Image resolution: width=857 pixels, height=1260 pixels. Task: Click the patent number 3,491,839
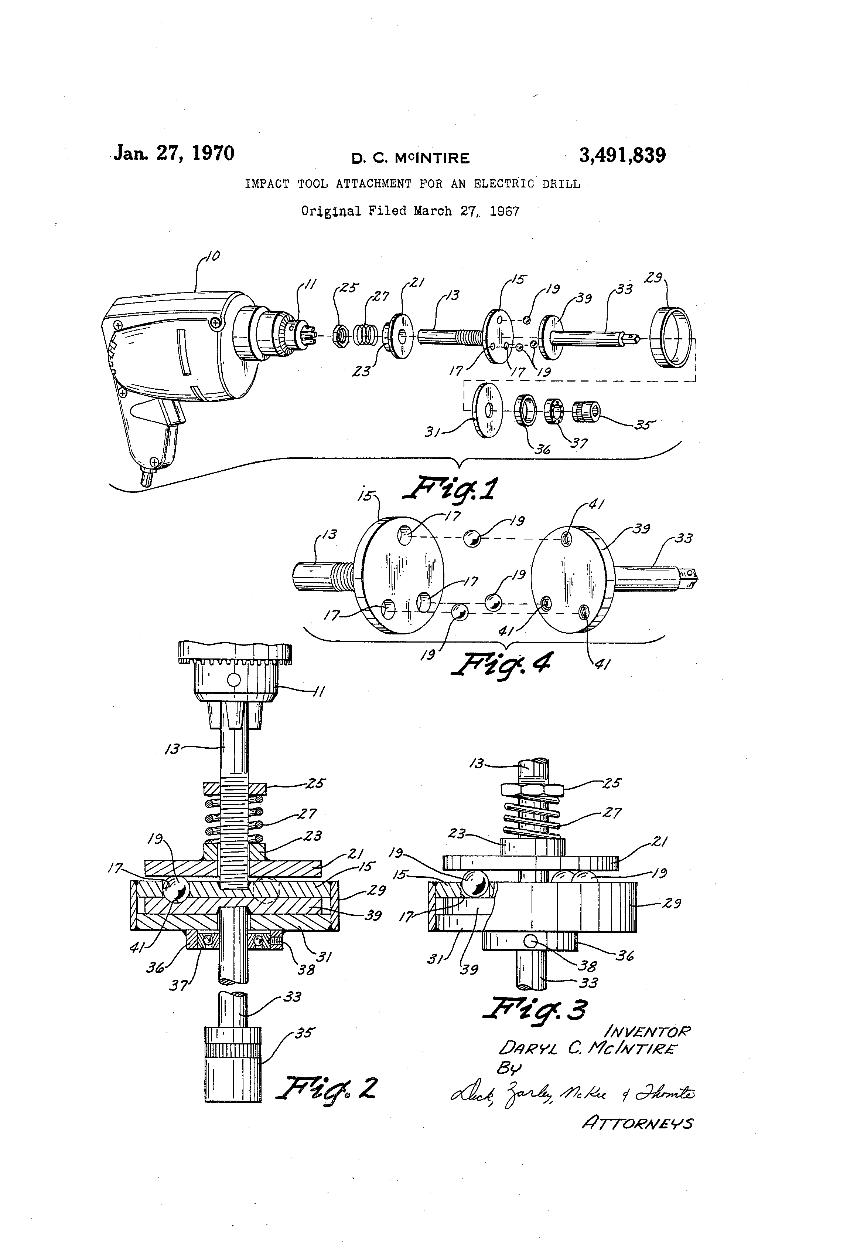tap(622, 156)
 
